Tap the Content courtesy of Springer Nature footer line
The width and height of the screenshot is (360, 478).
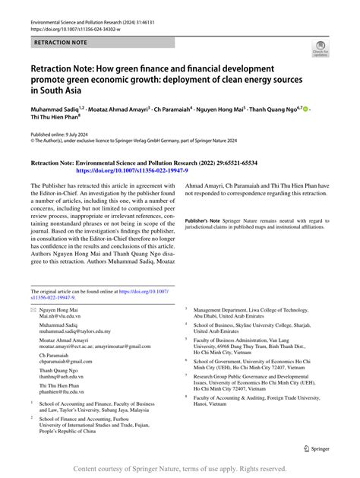[180, 470]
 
